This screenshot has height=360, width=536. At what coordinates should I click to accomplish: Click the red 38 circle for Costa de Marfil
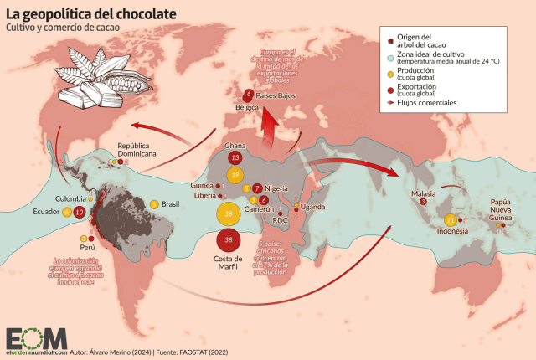point(229,241)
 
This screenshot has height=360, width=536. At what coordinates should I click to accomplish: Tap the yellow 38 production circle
point(229,214)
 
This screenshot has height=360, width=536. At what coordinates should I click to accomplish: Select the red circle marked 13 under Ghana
point(236,157)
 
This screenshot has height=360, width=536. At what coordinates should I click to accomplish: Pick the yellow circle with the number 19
point(235,174)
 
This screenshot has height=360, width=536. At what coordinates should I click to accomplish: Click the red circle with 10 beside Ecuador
point(79,213)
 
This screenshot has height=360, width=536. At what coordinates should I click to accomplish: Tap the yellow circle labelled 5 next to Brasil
point(154,204)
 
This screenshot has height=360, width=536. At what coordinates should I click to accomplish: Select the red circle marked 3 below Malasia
point(423,202)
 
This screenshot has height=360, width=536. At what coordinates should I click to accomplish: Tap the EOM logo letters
point(36,337)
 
